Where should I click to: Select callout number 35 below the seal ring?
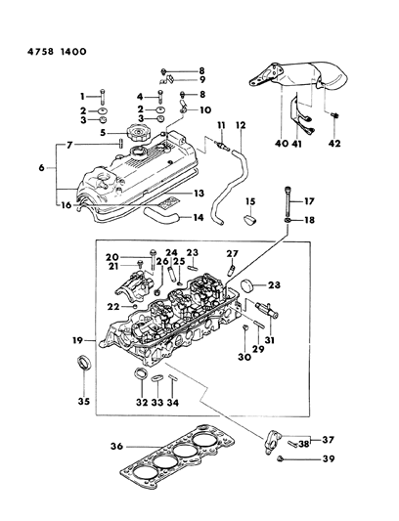point(82,402)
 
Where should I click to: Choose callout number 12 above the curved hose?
point(241,125)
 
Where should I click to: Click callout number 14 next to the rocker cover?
point(199,218)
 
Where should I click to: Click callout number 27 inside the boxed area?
point(233,253)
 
